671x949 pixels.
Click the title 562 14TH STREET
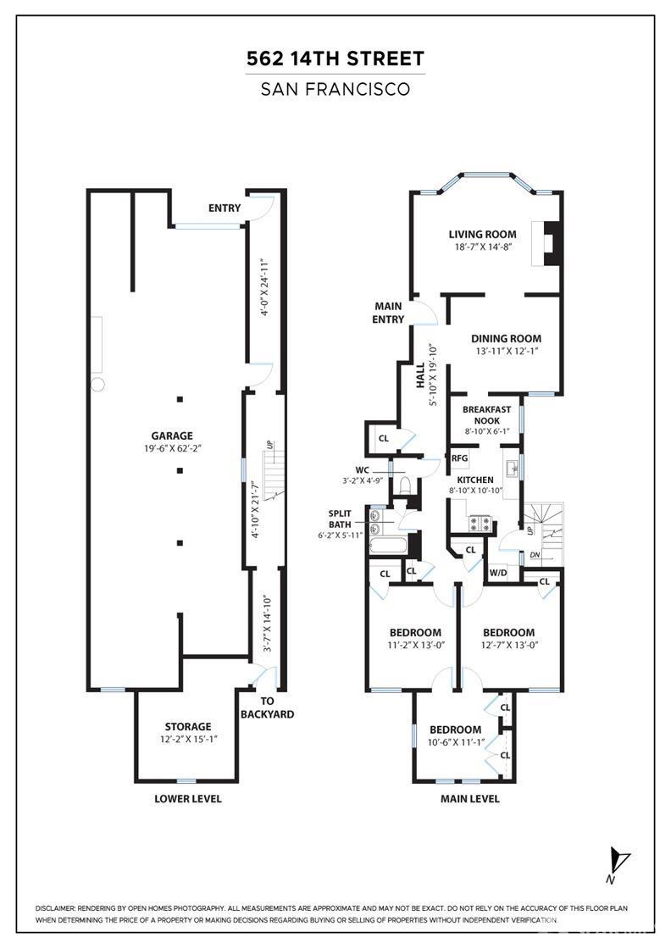335,58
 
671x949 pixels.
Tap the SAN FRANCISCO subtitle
335,90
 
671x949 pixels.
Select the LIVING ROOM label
482,234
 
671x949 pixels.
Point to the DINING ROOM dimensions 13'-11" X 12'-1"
507,351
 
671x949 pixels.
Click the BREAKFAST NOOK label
486,414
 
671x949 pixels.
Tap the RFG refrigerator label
459,458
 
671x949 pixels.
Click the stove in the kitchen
481,522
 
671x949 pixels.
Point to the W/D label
498,573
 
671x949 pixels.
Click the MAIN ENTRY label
388,313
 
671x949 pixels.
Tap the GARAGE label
172,436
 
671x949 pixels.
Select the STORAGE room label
187,726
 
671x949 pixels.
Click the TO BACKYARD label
267,708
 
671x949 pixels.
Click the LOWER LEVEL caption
187,799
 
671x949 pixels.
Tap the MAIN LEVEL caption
469,799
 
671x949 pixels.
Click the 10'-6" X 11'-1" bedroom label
456,742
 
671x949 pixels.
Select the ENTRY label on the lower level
225,208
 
